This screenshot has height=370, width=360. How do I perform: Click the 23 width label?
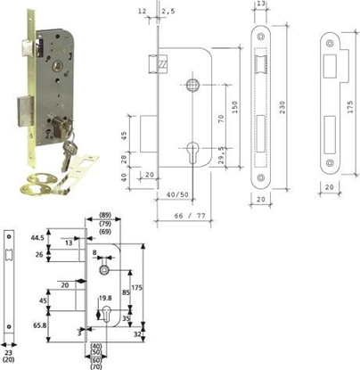tap(9, 353)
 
